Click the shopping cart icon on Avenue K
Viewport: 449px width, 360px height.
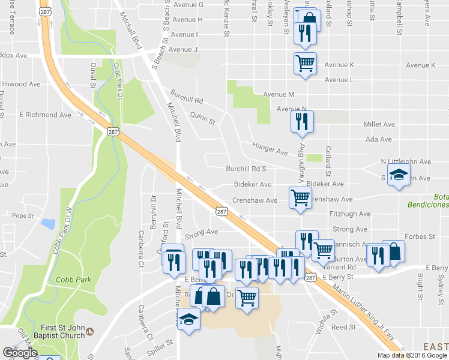[306, 62]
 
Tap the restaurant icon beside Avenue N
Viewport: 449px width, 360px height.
[301, 121]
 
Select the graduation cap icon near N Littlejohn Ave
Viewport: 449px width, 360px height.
[399, 176]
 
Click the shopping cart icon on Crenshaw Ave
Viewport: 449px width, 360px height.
[300, 197]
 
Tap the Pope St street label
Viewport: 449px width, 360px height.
[22, 215]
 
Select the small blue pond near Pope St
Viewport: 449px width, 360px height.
[47, 224]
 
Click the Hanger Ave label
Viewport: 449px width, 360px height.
[270, 149]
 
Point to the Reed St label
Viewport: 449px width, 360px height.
[343, 327]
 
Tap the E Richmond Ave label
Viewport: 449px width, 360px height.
[45, 115]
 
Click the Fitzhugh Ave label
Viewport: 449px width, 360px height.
[350, 214]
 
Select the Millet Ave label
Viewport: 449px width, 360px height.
[379, 124]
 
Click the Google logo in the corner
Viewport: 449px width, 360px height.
[20, 353]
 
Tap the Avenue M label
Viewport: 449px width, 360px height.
[279, 95]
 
